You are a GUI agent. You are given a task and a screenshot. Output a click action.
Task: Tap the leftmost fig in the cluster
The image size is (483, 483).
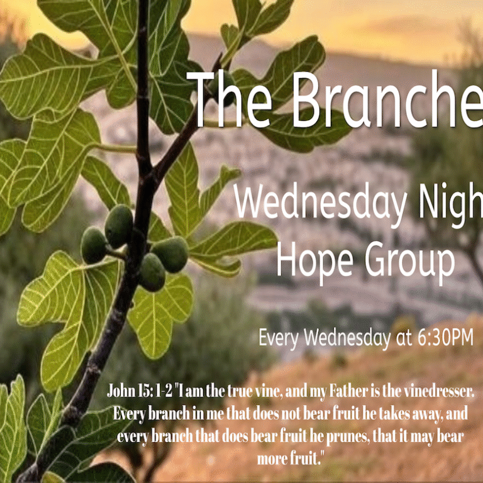[x=94, y=245]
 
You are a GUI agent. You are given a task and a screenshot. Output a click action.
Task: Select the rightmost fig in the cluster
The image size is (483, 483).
[x=170, y=254]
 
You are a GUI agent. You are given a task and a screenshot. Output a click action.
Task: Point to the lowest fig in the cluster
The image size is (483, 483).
[x=152, y=272]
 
